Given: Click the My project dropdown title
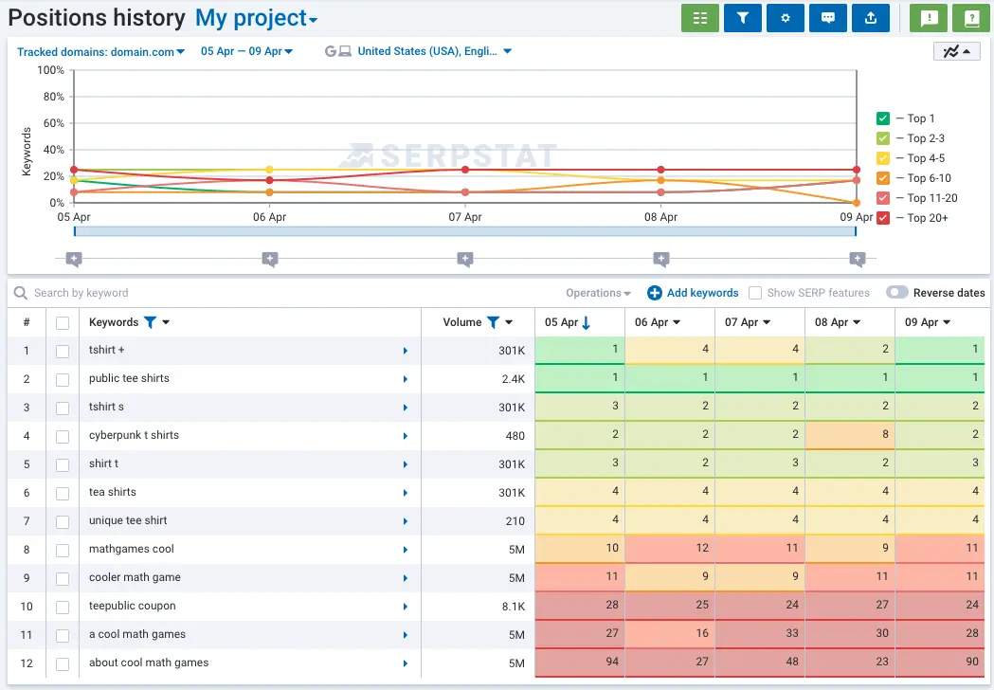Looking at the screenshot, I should coord(256,18).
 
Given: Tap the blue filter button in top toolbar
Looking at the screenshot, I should coord(742,18).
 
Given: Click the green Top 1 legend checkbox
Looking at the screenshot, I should coord(883,118).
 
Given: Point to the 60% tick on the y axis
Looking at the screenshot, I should coord(51,123).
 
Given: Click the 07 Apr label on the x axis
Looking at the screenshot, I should coord(464,217).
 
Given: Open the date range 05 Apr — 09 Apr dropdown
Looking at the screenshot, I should coord(246,51).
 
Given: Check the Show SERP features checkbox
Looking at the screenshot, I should coord(755,293).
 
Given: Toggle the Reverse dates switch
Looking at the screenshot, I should coord(896,293).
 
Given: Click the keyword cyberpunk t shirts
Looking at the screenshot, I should coord(134,435).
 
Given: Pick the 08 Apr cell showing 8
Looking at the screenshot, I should coord(849,435).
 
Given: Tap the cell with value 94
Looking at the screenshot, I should coord(579,663).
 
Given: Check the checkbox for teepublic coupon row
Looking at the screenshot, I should coord(63,607).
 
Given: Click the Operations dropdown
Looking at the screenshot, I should coord(598,293).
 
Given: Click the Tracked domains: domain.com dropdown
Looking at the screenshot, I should coord(100,51).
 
